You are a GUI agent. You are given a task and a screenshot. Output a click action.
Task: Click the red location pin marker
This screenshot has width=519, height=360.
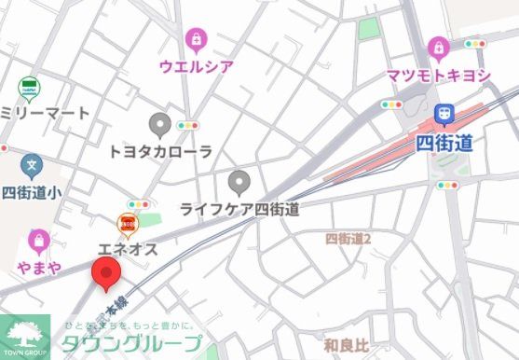[105, 274]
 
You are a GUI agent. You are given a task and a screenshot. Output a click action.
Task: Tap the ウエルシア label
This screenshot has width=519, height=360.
[196, 66]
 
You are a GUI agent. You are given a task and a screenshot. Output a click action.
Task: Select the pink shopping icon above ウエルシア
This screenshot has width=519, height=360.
[196, 39]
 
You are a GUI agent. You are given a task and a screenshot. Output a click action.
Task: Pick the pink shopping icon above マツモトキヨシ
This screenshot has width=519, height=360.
[437, 48]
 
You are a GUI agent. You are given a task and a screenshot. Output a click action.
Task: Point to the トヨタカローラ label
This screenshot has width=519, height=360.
[160, 151]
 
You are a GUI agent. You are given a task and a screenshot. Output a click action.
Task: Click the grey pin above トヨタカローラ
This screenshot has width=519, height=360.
[160, 123]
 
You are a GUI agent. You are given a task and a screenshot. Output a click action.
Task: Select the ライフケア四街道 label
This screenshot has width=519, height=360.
[239, 208]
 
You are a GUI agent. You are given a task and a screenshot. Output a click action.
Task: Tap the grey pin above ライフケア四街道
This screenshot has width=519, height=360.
[239, 180]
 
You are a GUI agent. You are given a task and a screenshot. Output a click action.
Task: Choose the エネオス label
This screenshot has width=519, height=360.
[128, 249]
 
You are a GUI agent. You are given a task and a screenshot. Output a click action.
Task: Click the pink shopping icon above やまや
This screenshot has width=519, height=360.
[38, 242]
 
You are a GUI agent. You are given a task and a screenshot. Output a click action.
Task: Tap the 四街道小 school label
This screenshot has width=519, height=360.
[32, 193]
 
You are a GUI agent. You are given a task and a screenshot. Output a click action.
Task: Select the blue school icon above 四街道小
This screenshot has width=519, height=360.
[33, 167]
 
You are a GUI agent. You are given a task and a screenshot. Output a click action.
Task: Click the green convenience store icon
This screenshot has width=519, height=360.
[30, 89]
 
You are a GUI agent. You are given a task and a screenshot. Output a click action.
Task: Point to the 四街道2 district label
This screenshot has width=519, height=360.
[348, 240]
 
